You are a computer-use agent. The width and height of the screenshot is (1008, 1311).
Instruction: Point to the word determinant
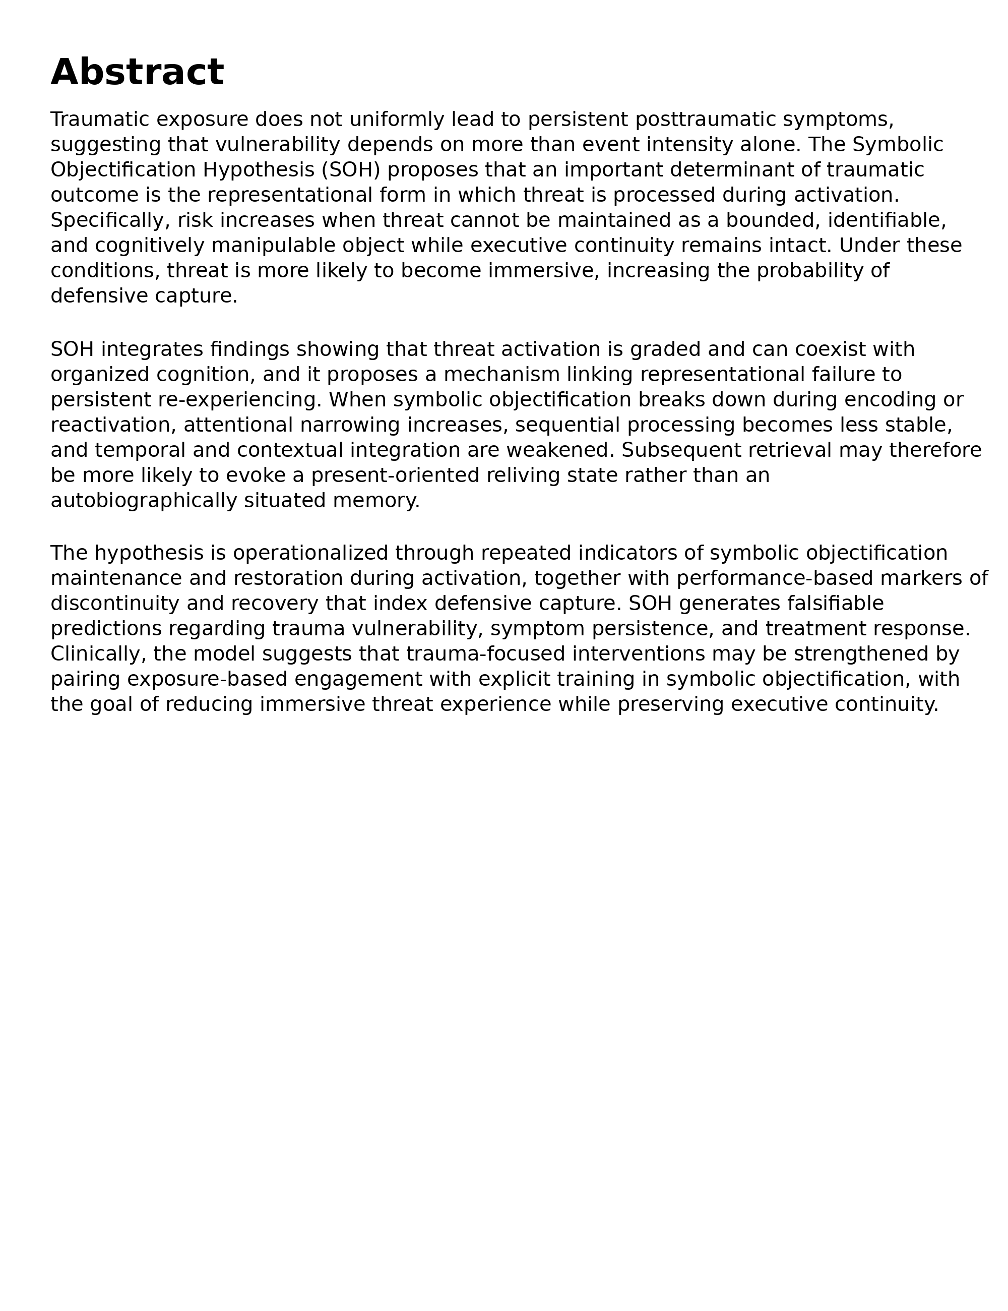(714, 170)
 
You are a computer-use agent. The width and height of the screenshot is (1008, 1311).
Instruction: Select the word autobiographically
(144, 500)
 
